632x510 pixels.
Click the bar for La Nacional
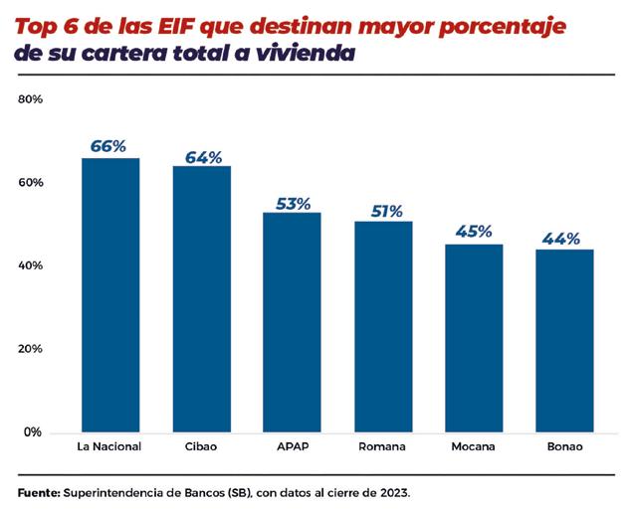[109, 294]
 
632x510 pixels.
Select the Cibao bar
[201, 298]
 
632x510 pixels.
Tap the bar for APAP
[292, 322]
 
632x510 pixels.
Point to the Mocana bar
[474, 338]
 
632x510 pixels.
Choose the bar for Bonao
[564, 340]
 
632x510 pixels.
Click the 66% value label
[109, 146]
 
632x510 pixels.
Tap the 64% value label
[202, 156]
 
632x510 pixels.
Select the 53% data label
[293, 204]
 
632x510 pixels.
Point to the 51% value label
[383, 212]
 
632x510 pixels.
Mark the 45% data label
[474, 232]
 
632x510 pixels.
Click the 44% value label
[564, 240]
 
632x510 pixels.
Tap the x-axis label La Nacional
[109, 446]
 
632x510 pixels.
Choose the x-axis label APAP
[292, 446]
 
